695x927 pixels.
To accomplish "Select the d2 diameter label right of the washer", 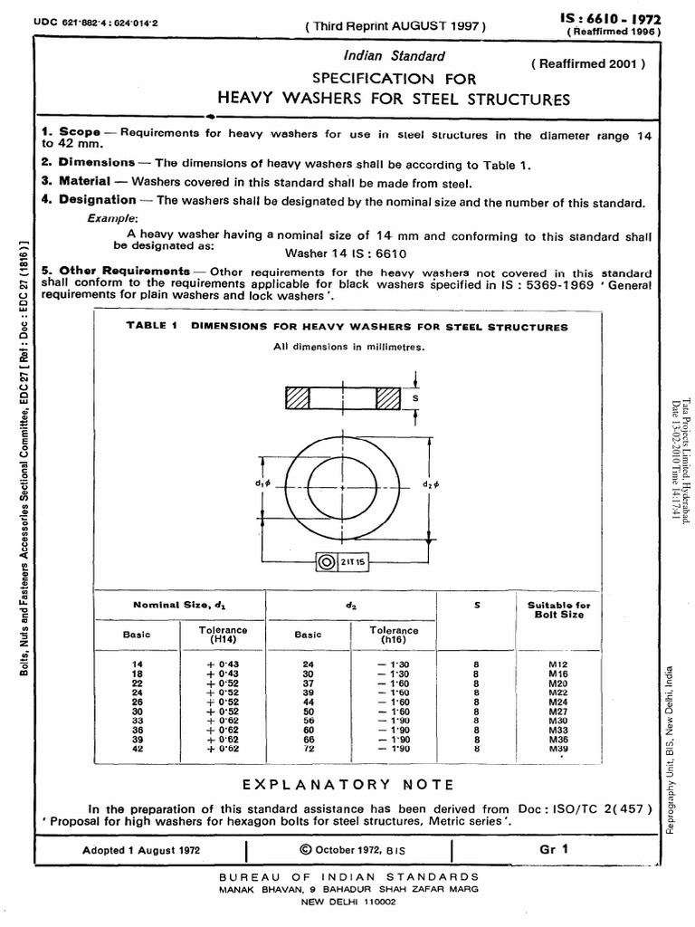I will tap(428, 483).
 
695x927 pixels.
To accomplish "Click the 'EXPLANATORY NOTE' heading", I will tap(347, 785).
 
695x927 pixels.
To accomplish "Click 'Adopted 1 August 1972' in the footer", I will tap(141, 851).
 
